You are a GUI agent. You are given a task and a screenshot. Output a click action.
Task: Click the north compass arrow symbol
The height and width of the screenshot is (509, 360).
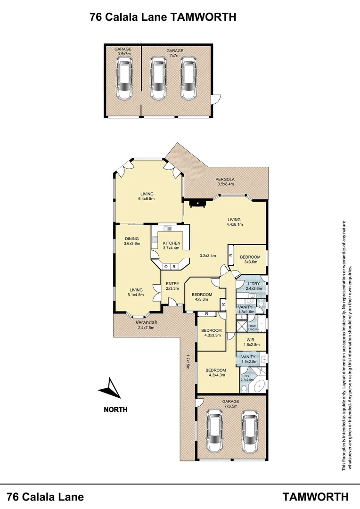click(109, 389)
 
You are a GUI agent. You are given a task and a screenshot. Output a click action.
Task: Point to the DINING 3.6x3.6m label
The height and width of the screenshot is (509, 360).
click(132, 241)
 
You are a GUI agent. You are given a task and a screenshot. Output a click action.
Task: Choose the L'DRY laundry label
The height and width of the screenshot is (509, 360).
click(253, 286)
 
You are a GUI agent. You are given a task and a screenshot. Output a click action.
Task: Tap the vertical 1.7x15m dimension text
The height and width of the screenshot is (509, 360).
click(187, 362)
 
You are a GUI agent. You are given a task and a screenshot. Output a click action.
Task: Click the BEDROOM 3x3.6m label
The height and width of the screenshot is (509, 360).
click(250, 259)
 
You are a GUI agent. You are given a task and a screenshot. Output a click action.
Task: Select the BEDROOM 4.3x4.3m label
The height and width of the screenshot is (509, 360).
click(216, 373)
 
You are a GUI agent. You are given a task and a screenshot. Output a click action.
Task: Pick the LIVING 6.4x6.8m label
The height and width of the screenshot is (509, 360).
click(147, 196)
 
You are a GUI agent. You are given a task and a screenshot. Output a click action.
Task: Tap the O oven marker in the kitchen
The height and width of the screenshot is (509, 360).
click(165, 267)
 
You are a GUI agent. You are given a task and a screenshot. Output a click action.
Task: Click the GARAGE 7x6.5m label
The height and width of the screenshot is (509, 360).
click(231, 404)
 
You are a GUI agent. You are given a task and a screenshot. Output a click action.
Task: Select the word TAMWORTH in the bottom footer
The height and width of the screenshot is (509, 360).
click(316, 496)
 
